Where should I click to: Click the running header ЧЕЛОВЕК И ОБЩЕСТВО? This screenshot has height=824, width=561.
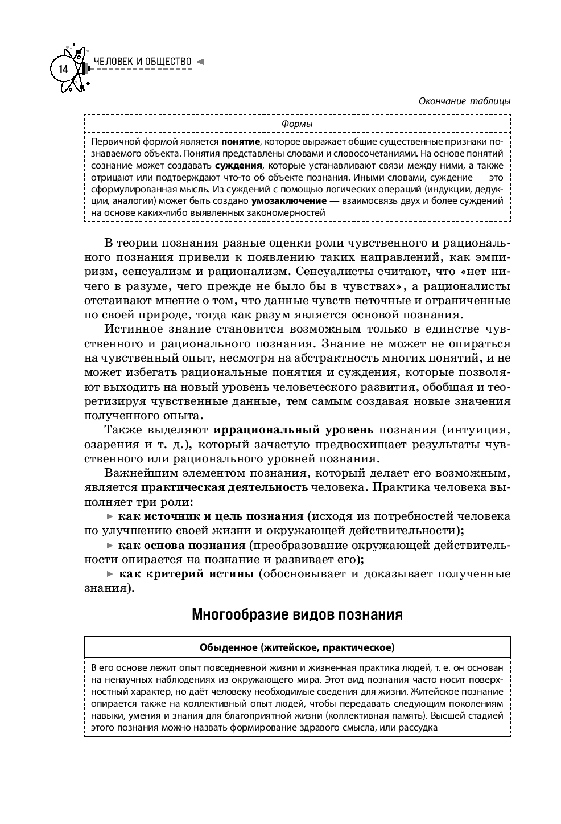point(142,61)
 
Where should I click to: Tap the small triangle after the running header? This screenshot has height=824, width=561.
point(200,61)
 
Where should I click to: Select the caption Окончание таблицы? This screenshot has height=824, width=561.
point(464,101)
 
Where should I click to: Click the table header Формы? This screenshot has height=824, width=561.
point(297,124)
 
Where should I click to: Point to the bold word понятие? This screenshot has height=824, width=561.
point(241,141)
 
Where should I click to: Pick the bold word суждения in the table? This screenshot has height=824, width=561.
point(239,165)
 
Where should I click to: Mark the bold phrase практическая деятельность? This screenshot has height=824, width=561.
point(224,487)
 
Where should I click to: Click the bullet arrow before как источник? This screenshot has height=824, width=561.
point(110,516)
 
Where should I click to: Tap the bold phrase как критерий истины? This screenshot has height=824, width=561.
point(186,573)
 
